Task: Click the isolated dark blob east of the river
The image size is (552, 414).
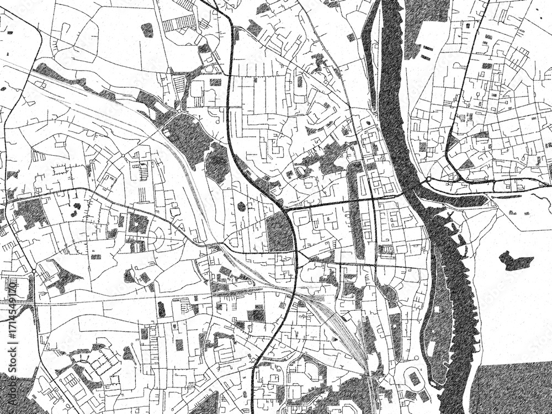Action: tap(516, 261)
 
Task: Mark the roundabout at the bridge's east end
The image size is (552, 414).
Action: tap(428, 180)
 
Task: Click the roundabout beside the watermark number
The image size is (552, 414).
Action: tap(34, 272)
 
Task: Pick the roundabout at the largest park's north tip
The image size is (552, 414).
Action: tap(179, 112)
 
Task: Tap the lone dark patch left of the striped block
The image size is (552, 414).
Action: tap(147, 30)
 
